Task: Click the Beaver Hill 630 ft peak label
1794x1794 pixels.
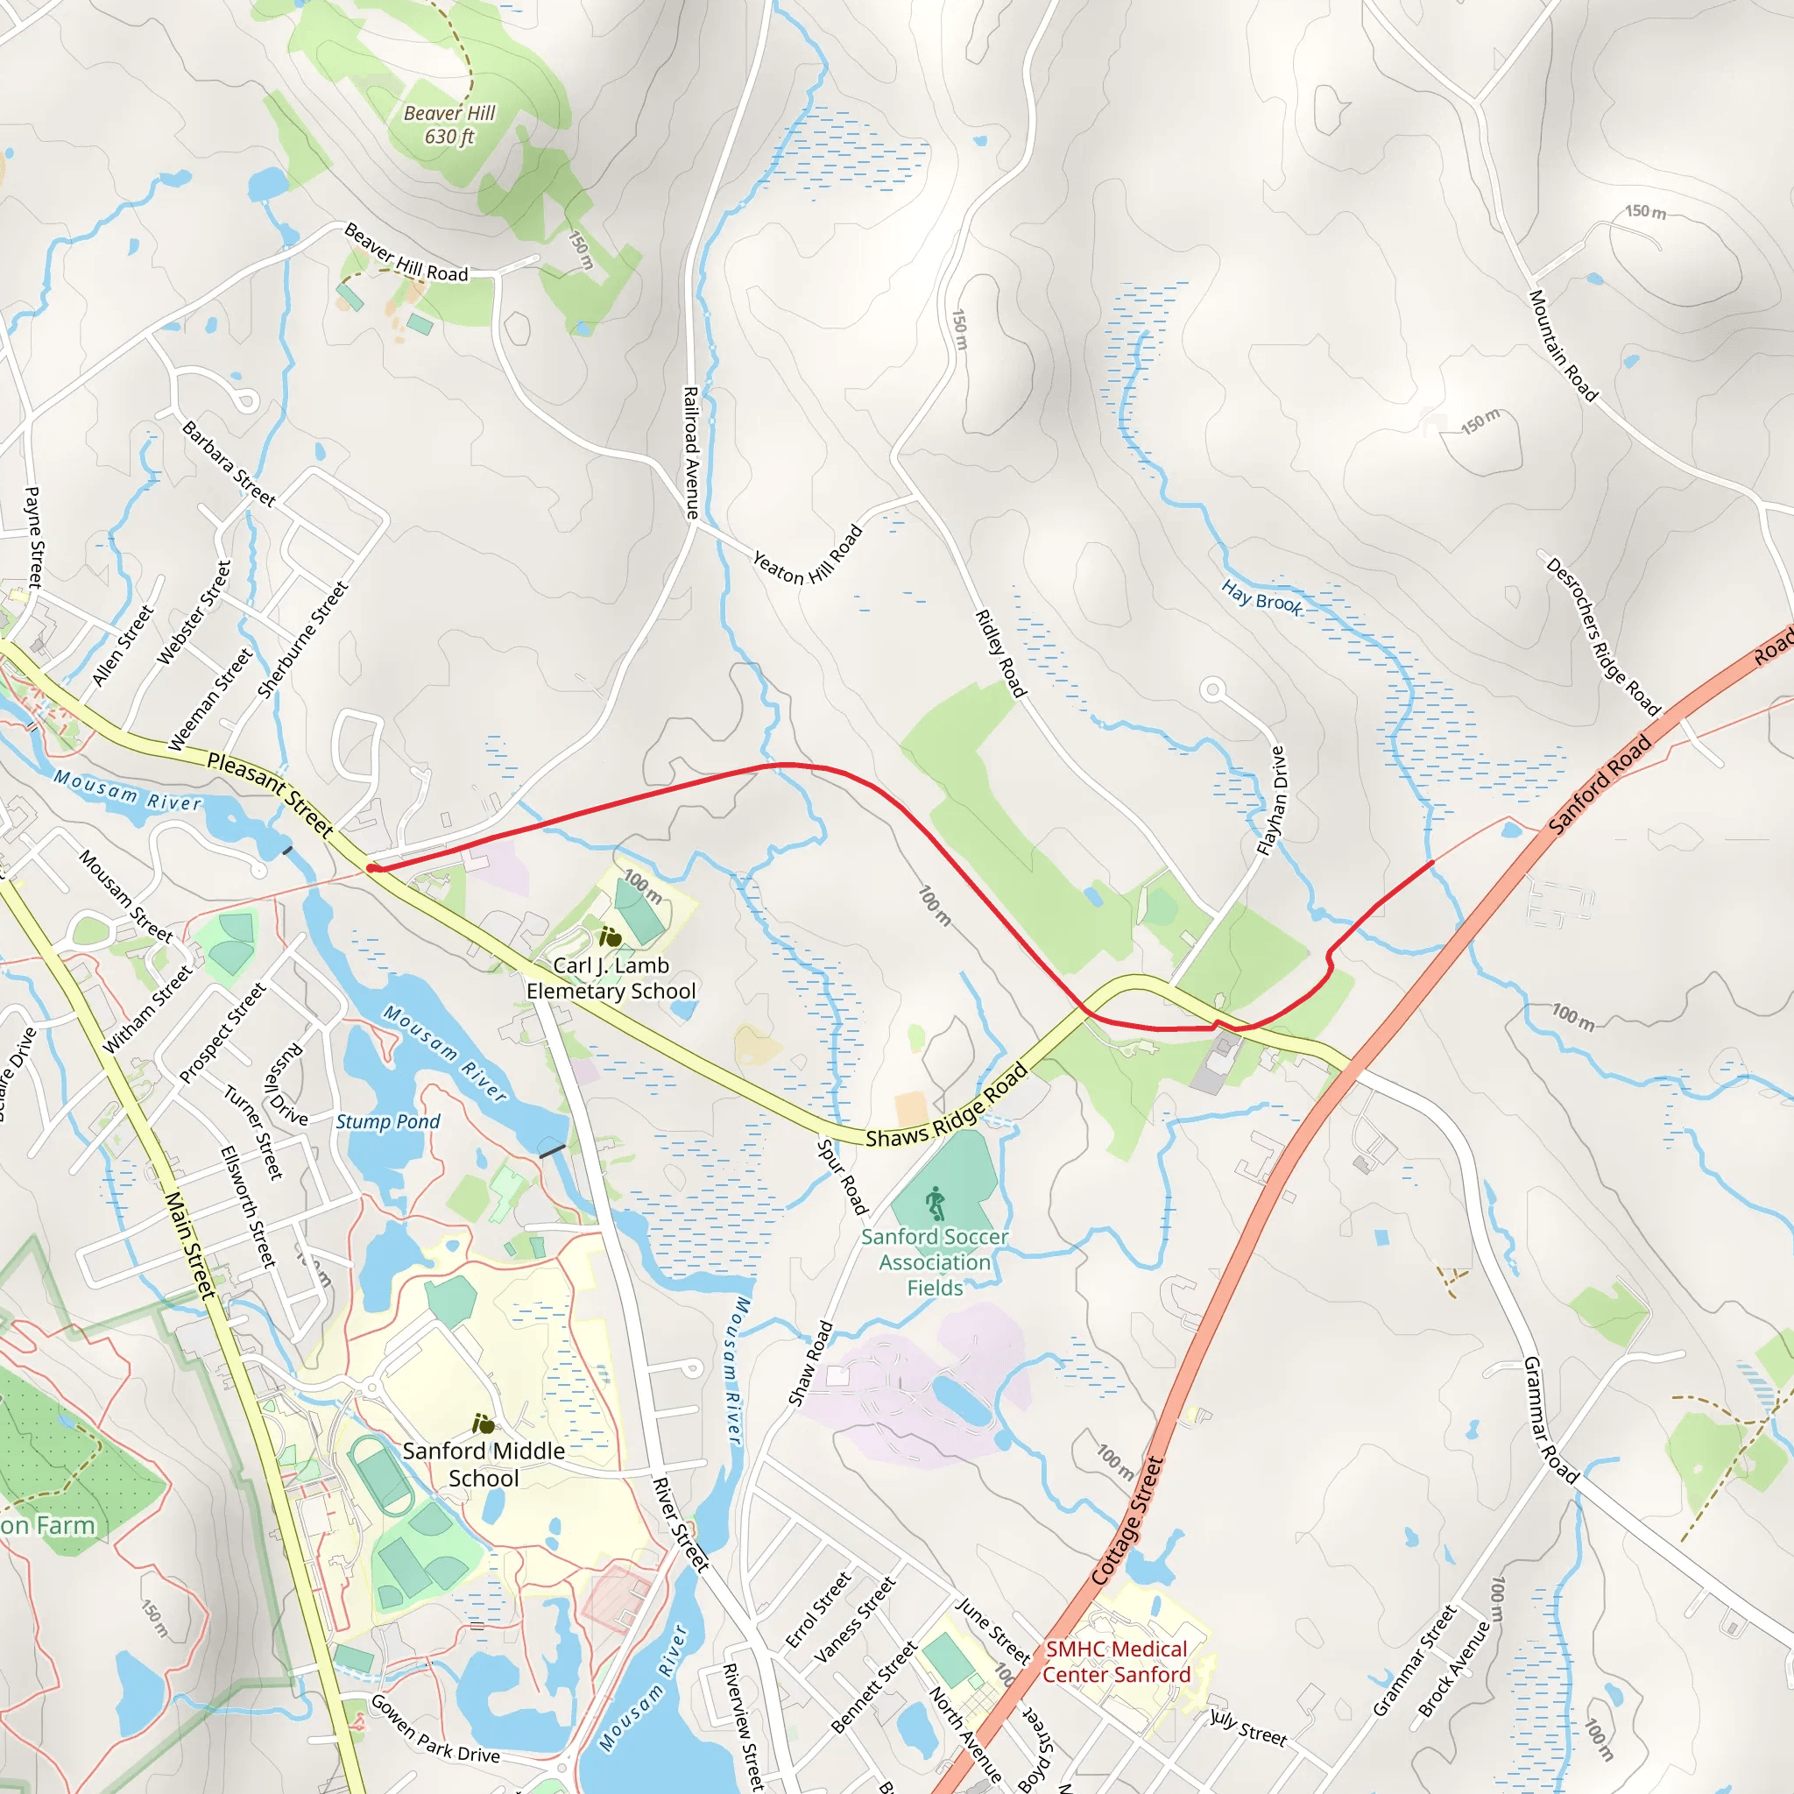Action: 449,125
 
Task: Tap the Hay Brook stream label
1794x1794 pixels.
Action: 1261,597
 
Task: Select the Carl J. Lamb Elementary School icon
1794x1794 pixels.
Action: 610,937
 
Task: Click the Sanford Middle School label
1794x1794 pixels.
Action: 484,1465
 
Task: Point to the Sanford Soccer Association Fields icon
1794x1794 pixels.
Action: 935,1204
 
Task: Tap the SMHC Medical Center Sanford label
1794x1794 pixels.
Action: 1115,1662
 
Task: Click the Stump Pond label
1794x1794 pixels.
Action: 388,1122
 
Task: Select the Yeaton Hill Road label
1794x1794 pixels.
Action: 807,556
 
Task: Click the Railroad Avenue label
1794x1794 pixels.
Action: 691,452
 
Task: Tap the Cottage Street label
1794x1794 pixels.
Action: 1127,1521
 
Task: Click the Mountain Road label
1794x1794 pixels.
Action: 1563,346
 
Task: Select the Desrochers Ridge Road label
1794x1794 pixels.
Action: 1603,637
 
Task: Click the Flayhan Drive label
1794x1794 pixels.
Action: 1271,801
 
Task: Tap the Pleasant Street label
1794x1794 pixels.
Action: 269,794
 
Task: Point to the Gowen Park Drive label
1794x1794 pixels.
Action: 434,1729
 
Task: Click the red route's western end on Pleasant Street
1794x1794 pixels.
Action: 371,868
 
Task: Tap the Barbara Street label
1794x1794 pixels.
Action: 229,464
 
